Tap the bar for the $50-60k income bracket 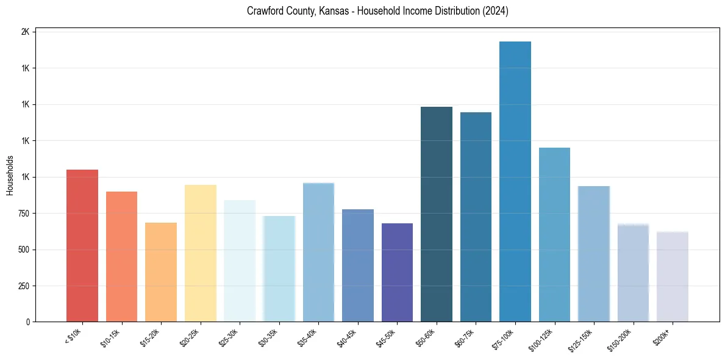click(437, 214)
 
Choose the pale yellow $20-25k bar click(201, 253)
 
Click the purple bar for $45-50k click(397, 272)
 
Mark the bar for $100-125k click(554, 234)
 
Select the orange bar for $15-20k click(161, 272)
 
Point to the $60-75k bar click(476, 217)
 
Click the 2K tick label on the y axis click(25, 32)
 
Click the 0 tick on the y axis click(27, 322)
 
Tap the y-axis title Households click(10, 175)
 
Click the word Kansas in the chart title click(332, 12)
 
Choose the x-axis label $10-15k click(111, 337)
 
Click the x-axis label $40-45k click(347, 337)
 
